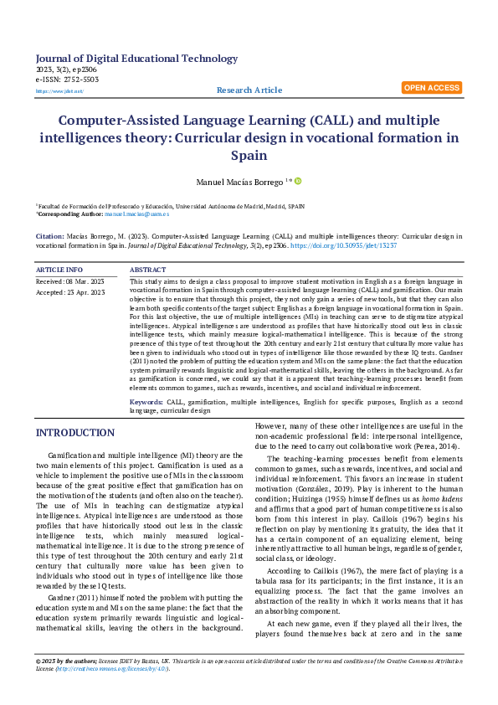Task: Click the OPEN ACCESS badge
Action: [x=431, y=87]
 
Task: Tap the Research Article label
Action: [x=249, y=90]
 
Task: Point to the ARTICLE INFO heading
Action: [x=59, y=270]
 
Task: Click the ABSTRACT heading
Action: [x=149, y=270]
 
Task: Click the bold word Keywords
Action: [x=146, y=403]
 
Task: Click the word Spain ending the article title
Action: [x=249, y=156]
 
